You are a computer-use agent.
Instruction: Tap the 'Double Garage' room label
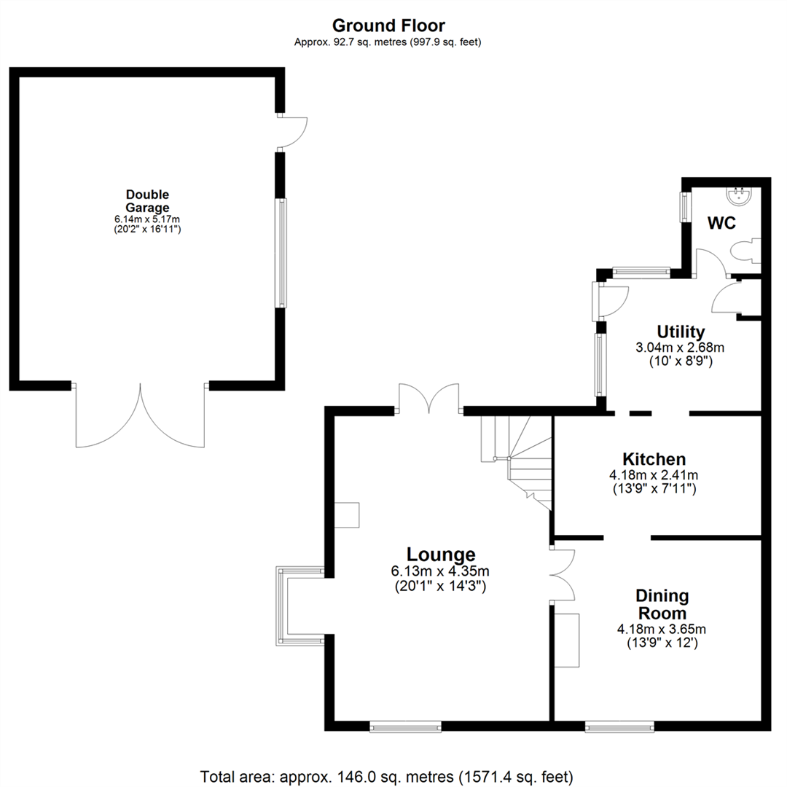pos(147,200)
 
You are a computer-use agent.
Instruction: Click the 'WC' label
pos(722,224)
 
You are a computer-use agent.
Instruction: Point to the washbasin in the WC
pos(740,195)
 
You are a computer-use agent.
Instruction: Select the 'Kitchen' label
pos(654,460)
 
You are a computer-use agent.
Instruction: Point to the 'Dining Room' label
pos(662,604)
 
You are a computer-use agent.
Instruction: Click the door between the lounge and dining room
pos(563,574)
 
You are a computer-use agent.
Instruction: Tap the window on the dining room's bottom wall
pos(619,726)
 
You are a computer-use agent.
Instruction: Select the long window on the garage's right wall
pos(281,251)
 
